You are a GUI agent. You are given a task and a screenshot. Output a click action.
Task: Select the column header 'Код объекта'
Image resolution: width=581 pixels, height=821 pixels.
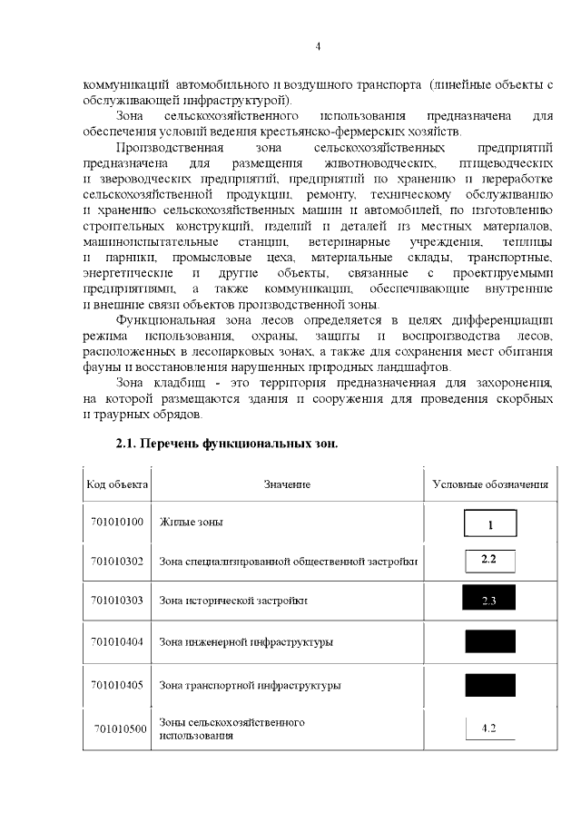pyautogui.click(x=116, y=484)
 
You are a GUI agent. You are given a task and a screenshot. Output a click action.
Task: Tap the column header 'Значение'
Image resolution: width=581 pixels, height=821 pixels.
pyautogui.click(x=287, y=484)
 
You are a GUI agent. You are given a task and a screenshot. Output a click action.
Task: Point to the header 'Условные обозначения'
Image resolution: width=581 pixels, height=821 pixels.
pyautogui.click(x=490, y=484)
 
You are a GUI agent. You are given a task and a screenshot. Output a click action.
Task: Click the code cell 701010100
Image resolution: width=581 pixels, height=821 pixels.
pyautogui.click(x=117, y=523)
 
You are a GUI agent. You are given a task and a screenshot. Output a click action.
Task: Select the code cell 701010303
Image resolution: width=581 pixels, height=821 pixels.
pyautogui.click(x=117, y=601)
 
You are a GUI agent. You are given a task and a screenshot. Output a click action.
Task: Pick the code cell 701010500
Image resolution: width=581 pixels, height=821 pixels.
pyautogui.click(x=121, y=728)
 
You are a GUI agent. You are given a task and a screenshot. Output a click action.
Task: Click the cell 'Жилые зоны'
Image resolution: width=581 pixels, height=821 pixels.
pyautogui.click(x=191, y=523)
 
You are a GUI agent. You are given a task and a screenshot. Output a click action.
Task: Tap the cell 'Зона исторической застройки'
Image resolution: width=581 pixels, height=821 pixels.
pyautogui.click(x=233, y=601)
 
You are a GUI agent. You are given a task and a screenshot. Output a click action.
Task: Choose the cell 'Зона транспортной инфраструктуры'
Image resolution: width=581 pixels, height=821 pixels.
pyautogui.click(x=250, y=686)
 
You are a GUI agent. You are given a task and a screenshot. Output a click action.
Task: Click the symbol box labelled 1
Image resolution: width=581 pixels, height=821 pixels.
pyautogui.click(x=489, y=523)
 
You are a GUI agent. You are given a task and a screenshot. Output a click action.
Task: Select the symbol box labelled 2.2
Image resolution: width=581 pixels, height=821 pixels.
pyautogui.click(x=489, y=560)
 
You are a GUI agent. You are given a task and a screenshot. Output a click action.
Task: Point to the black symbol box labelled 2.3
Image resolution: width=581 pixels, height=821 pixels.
pyautogui.click(x=489, y=600)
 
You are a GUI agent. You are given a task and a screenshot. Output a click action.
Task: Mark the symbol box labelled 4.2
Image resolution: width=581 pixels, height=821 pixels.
pyautogui.click(x=489, y=728)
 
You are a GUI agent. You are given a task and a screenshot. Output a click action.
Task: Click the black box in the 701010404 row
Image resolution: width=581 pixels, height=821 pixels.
pyautogui.click(x=489, y=642)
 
